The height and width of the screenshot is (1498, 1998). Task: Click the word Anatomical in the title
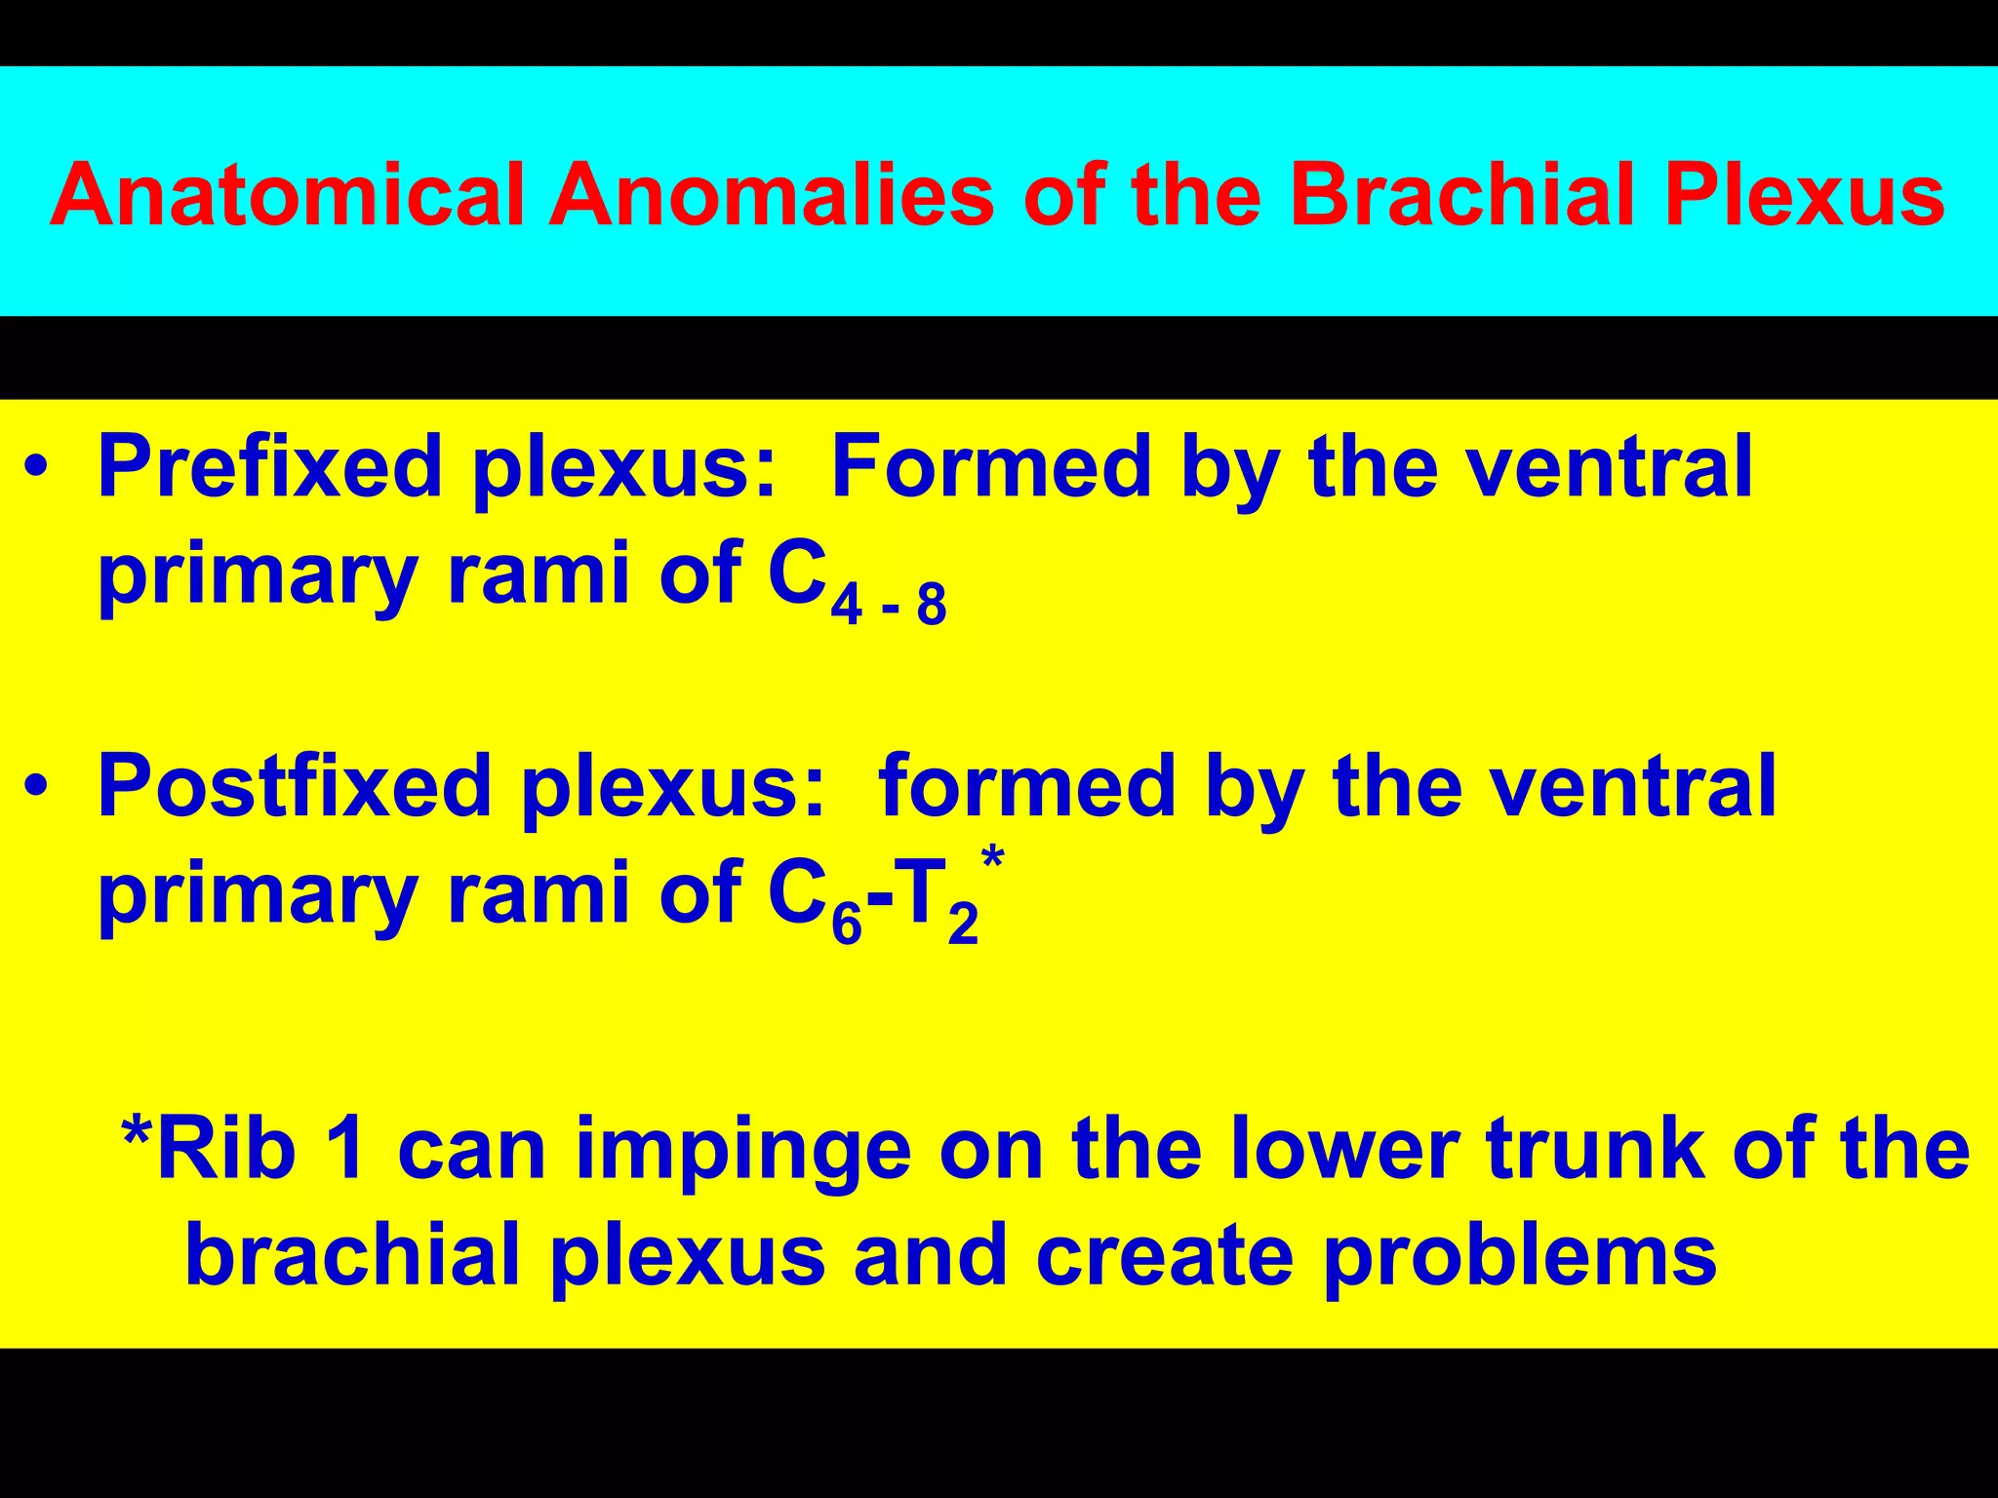(x=286, y=195)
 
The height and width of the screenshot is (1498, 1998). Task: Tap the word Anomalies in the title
(x=771, y=195)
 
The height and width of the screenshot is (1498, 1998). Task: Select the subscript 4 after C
(x=846, y=607)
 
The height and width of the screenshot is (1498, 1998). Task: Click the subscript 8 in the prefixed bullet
(x=932, y=607)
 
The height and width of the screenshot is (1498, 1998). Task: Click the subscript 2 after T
(x=963, y=925)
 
